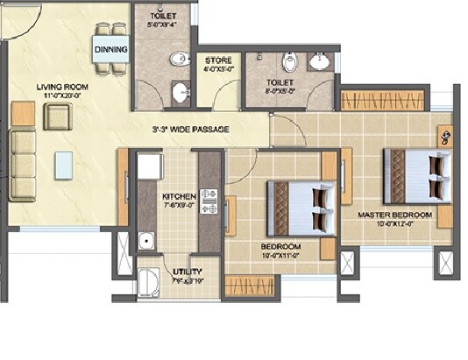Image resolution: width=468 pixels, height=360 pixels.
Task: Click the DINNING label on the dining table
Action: tap(111, 49)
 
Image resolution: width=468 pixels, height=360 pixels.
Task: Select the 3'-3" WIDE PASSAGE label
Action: tap(190, 130)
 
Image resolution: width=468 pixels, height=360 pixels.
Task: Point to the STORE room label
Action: tap(218, 60)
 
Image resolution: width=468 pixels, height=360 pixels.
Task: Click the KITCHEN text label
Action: tap(178, 196)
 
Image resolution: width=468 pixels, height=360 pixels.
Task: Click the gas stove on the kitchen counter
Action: tap(209, 201)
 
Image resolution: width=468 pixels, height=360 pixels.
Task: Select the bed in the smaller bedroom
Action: tap(301, 208)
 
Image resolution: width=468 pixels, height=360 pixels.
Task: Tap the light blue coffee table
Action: tap(63, 164)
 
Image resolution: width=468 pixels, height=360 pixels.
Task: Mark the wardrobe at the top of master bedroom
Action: tap(382, 99)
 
